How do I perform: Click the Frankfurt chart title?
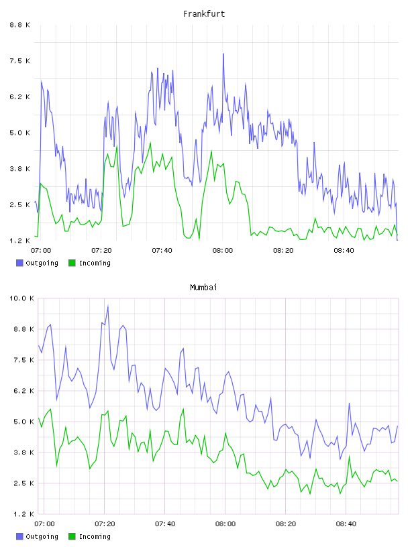point(204,14)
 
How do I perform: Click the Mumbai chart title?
point(203,288)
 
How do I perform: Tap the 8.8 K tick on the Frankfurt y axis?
point(20,25)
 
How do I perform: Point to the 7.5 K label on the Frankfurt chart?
point(20,61)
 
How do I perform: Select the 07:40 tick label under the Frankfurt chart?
point(162,251)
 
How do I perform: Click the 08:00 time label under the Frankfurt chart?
point(223,251)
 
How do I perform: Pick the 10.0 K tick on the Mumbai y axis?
point(21,298)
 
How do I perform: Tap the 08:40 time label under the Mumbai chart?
point(346,524)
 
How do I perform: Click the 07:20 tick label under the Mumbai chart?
point(105,524)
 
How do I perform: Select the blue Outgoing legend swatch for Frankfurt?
point(19,263)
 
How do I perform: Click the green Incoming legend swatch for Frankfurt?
point(72,263)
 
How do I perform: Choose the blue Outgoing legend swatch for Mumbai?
point(19,536)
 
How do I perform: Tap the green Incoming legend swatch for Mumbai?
point(72,536)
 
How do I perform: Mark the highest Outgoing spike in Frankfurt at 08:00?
point(223,54)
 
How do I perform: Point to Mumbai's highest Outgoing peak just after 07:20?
point(108,306)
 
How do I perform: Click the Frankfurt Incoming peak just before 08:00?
point(211,151)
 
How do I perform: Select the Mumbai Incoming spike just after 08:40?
point(349,457)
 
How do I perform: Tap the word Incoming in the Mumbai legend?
point(95,536)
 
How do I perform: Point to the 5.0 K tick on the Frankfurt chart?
point(20,133)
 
